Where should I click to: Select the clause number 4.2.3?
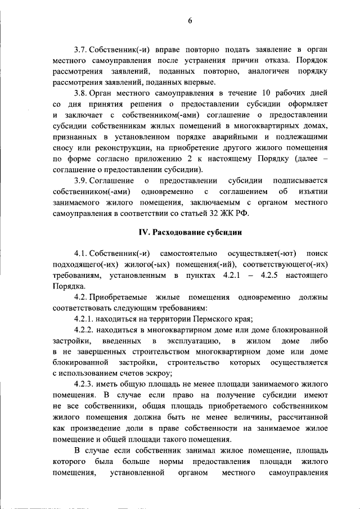pos(85,384)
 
